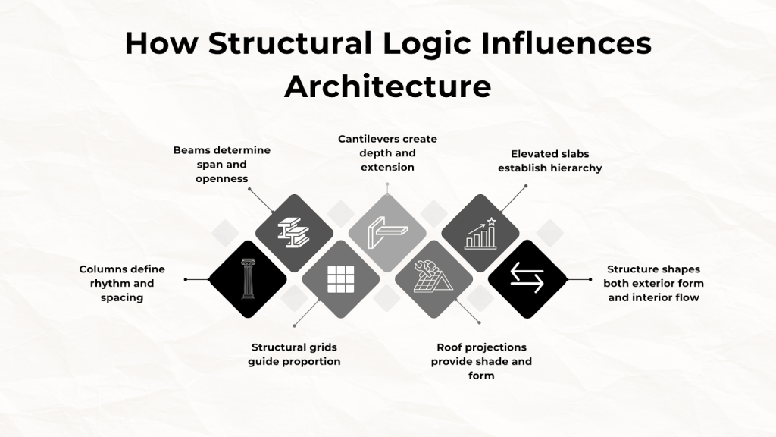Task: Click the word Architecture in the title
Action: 387,86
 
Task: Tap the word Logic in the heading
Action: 427,43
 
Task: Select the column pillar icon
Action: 248,279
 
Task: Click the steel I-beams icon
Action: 293,233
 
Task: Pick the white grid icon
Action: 341,279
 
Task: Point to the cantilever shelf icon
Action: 387,232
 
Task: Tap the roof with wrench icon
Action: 433,276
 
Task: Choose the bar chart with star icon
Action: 480,233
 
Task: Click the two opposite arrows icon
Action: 527,278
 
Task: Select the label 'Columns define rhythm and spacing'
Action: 122,284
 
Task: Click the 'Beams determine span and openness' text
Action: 222,164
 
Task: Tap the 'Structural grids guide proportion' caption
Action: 295,354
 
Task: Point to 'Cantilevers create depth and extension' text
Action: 387,153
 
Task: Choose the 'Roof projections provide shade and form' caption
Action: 481,361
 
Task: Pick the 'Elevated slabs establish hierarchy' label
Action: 550,161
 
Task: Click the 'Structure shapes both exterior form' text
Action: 653,276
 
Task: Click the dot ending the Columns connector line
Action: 186,279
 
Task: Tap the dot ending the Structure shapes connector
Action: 590,279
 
